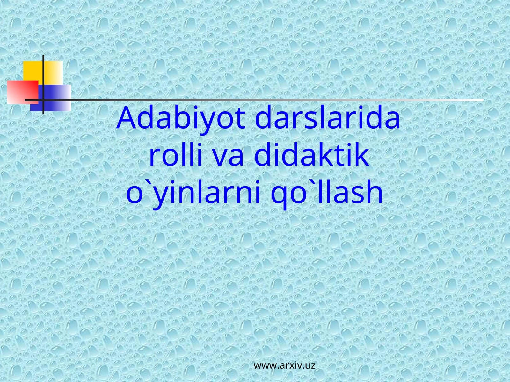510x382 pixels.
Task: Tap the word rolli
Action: [175, 156]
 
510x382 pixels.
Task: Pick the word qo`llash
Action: [326, 193]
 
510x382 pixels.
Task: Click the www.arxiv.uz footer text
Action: [284, 365]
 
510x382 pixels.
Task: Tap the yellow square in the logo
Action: [33, 71]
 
